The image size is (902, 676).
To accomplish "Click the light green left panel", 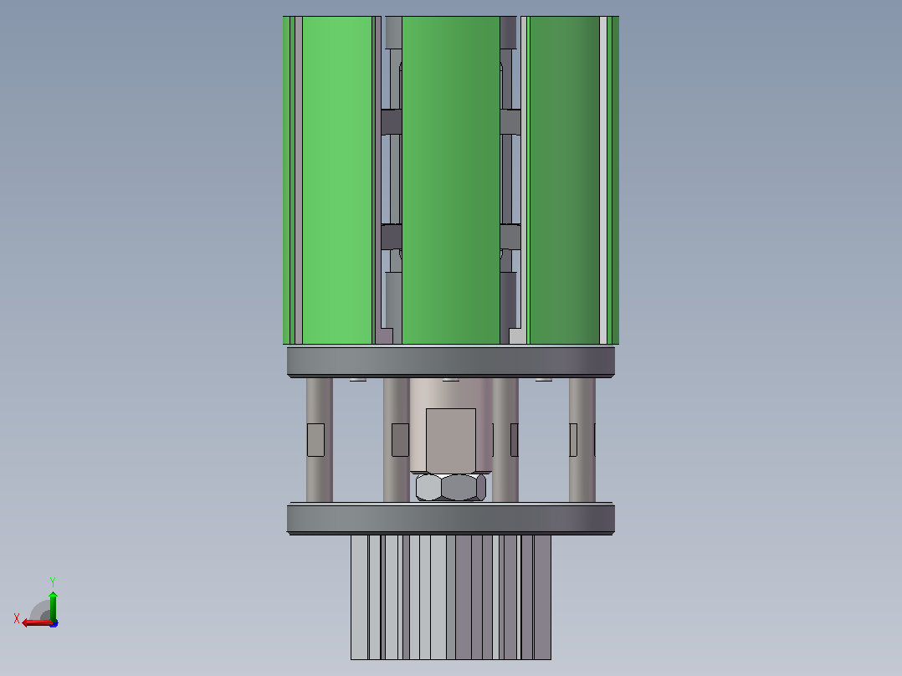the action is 337,180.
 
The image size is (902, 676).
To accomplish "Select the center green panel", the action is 451,180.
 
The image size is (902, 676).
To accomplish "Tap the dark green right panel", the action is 564,180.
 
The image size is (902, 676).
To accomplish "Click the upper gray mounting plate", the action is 451,361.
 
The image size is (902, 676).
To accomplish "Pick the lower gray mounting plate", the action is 451,519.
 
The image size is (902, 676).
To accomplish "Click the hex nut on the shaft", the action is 451,487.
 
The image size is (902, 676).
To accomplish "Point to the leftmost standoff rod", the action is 320,439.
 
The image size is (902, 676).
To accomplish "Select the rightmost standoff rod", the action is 582,439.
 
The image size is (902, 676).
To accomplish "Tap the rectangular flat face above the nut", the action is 451,440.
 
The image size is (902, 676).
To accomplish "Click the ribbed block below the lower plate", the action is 451,597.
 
